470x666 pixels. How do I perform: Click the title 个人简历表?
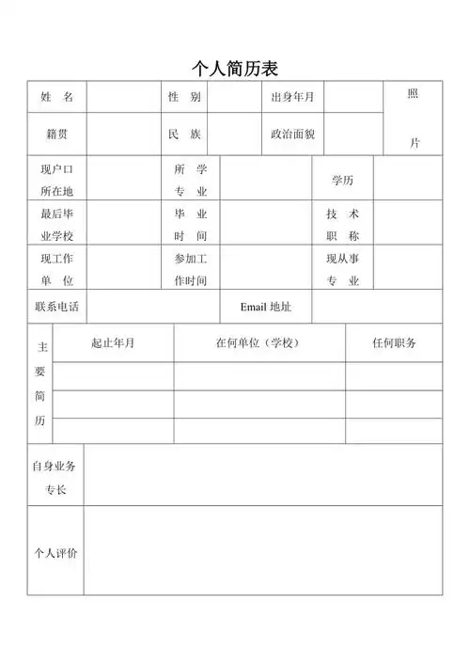[x=234, y=68]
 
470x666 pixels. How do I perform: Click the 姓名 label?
[x=56, y=97]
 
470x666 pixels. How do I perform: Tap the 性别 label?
[x=184, y=97]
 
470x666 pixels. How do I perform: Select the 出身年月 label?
[x=292, y=97]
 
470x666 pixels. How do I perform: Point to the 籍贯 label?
[x=56, y=134]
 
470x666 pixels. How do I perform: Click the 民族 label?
[x=184, y=134]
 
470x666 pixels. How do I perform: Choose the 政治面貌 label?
[x=292, y=134]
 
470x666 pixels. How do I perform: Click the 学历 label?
[x=343, y=179]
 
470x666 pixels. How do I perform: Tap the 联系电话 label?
[x=56, y=307]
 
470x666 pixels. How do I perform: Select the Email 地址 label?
[x=266, y=307]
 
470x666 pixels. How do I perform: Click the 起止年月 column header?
[x=113, y=342]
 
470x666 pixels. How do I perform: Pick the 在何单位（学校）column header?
[x=258, y=342]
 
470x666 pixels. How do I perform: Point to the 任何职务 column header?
[x=394, y=342]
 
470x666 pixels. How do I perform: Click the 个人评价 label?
[x=55, y=552]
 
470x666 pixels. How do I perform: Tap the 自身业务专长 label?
[x=55, y=477]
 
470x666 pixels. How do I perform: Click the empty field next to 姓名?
[x=123, y=97]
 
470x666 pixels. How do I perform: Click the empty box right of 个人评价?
[x=262, y=550]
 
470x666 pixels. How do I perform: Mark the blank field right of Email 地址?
[x=376, y=307]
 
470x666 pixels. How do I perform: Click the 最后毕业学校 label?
[x=56, y=224]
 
